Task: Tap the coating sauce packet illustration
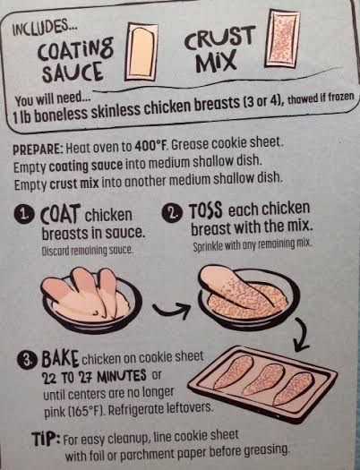point(141,52)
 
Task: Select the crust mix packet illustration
point(282,38)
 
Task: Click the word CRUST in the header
point(219,38)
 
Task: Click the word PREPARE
point(37,149)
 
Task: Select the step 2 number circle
point(174,213)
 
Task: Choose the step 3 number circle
point(29,359)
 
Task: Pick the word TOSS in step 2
point(205,211)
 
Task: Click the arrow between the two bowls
point(171,310)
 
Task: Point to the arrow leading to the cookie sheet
point(302,334)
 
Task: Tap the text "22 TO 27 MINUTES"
point(95,376)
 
